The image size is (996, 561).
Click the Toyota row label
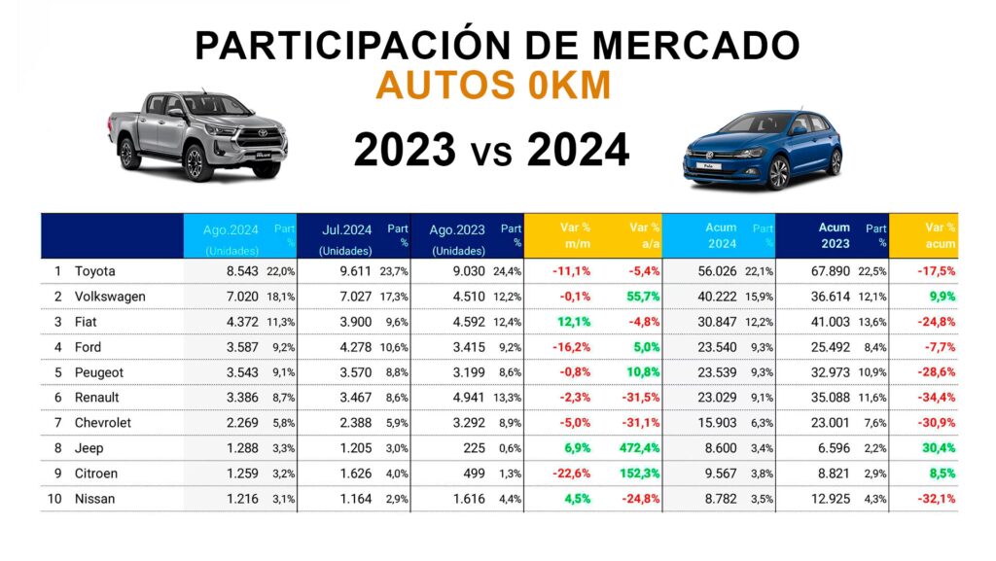(94, 271)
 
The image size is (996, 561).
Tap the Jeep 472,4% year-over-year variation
(639, 448)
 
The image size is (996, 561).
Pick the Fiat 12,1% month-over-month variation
(575, 322)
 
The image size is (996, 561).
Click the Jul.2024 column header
(347, 228)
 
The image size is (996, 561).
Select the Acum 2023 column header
(834, 235)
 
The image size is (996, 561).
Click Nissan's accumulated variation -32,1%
(935, 499)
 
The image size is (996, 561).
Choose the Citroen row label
(96, 473)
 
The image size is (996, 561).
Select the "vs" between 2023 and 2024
(491, 154)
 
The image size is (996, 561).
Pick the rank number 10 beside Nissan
(57, 499)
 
